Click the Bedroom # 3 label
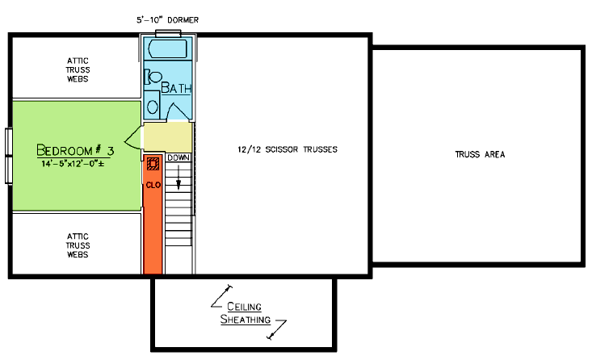[75, 150]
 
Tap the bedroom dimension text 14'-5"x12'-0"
[73, 164]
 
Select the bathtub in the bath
[168, 48]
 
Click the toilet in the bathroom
[153, 77]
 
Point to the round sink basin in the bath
[153, 107]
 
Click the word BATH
[176, 88]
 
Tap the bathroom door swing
[178, 111]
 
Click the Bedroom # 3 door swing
[133, 139]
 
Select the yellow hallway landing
[168, 137]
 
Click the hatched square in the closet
[153, 164]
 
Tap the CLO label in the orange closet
[153, 186]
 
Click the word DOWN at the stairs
[178, 157]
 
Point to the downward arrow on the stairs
[178, 178]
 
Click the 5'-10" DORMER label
[168, 20]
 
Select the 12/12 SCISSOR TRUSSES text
[288, 149]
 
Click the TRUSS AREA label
[480, 154]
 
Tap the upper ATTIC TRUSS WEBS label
[78, 69]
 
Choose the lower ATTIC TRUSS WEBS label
[78, 245]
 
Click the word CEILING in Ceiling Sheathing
[244, 307]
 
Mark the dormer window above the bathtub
[168, 33]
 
